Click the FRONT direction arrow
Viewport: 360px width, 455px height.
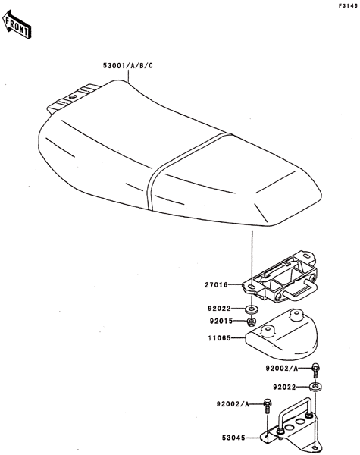(x=17, y=24)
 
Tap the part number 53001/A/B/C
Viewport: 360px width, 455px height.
(x=127, y=66)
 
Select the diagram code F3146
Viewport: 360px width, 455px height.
(x=348, y=6)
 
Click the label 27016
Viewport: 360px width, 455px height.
(x=216, y=285)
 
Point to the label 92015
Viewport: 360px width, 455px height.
(x=221, y=321)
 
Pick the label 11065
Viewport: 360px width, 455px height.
(x=220, y=338)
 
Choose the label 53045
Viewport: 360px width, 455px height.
(x=233, y=438)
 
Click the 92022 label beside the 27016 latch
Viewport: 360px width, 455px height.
(x=219, y=309)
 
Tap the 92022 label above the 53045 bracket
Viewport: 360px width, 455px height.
(x=284, y=387)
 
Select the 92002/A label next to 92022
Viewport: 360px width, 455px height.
(x=282, y=369)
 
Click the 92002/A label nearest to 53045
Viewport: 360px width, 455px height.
(x=233, y=404)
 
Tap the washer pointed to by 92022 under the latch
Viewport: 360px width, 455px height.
(x=251, y=309)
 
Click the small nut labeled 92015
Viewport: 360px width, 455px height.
(x=251, y=322)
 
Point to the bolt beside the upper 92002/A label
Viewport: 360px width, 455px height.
(x=315, y=370)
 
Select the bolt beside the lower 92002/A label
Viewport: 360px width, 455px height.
(x=268, y=406)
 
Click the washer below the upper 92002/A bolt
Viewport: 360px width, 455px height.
(x=315, y=387)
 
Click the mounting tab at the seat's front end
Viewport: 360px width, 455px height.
(x=73, y=98)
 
